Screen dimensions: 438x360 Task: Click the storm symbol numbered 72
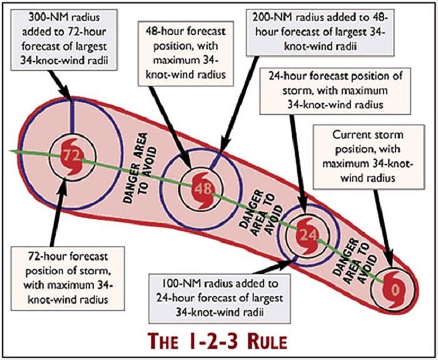click(x=72, y=157)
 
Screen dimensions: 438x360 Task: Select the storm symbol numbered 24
click(x=307, y=235)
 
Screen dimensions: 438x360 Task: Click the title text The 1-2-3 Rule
click(x=217, y=341)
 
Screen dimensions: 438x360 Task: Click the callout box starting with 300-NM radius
click(x=64, y=39)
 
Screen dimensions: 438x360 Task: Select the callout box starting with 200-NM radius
click(x=320, y=32)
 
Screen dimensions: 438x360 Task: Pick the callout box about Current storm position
click(x=369, y=157)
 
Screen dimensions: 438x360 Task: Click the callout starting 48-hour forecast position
click(x=186, y=53)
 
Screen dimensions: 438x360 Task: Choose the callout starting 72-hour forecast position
click(x=68, y=279)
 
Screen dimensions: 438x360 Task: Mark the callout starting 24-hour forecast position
click(x=335, y=91)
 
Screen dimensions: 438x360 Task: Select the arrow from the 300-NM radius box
click(x=59, y=85)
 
